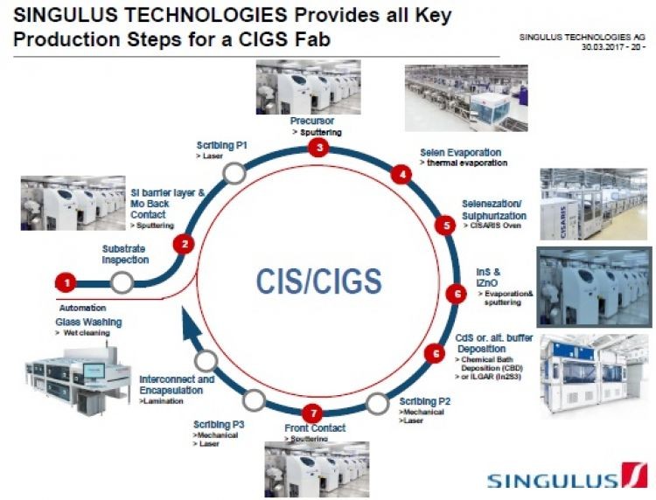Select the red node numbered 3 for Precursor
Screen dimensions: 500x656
click(320, 149)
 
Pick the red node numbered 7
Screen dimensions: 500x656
click(316, 413)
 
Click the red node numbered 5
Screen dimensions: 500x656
click(447, 226)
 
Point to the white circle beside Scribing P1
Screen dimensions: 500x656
click(234, 173)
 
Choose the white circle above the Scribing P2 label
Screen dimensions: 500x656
click(377, 403)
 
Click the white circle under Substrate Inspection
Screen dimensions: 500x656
click(122, 281)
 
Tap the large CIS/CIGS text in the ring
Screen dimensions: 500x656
click(318, 281)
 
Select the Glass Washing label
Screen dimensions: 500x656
click(88, 322)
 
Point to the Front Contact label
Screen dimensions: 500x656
click(315, 428)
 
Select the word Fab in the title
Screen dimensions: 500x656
click(313, 39)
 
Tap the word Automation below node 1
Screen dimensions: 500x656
click(82, 308)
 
